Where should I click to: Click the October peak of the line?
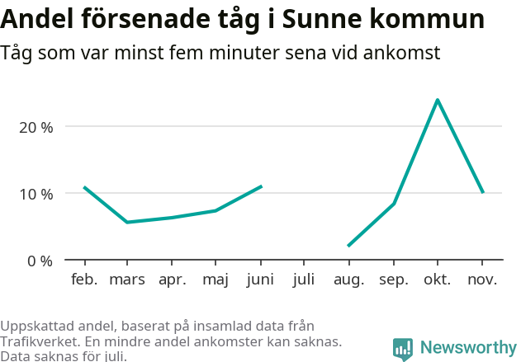437,100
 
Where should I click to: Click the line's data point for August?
348,246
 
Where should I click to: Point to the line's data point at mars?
127,222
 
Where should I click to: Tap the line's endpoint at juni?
261,186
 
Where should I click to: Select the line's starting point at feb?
84,187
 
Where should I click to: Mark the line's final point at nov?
482,192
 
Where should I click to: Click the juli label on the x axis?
304,280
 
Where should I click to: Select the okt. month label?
437,280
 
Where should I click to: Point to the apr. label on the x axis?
172,280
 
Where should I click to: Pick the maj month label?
216,280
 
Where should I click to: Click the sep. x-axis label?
393,280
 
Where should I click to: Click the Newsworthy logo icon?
403,348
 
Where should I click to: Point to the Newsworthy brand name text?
467,348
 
